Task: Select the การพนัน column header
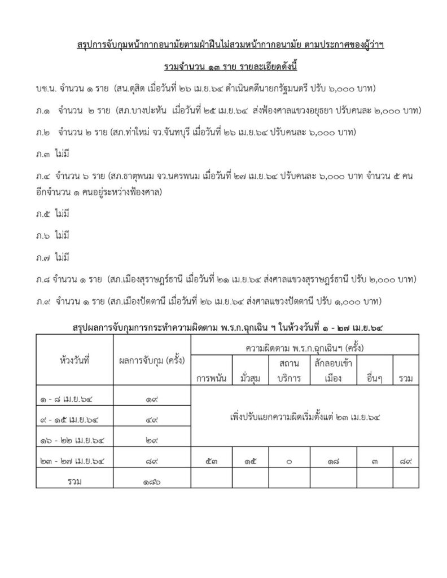tap(212, 378)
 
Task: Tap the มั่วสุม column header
tap(249, 378)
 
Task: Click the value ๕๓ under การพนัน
tap(211, 462)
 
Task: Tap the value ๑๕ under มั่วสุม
tap(249, 462)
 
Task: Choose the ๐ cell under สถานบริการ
tap(289, 462)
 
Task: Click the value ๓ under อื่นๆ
tap(374, 462)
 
